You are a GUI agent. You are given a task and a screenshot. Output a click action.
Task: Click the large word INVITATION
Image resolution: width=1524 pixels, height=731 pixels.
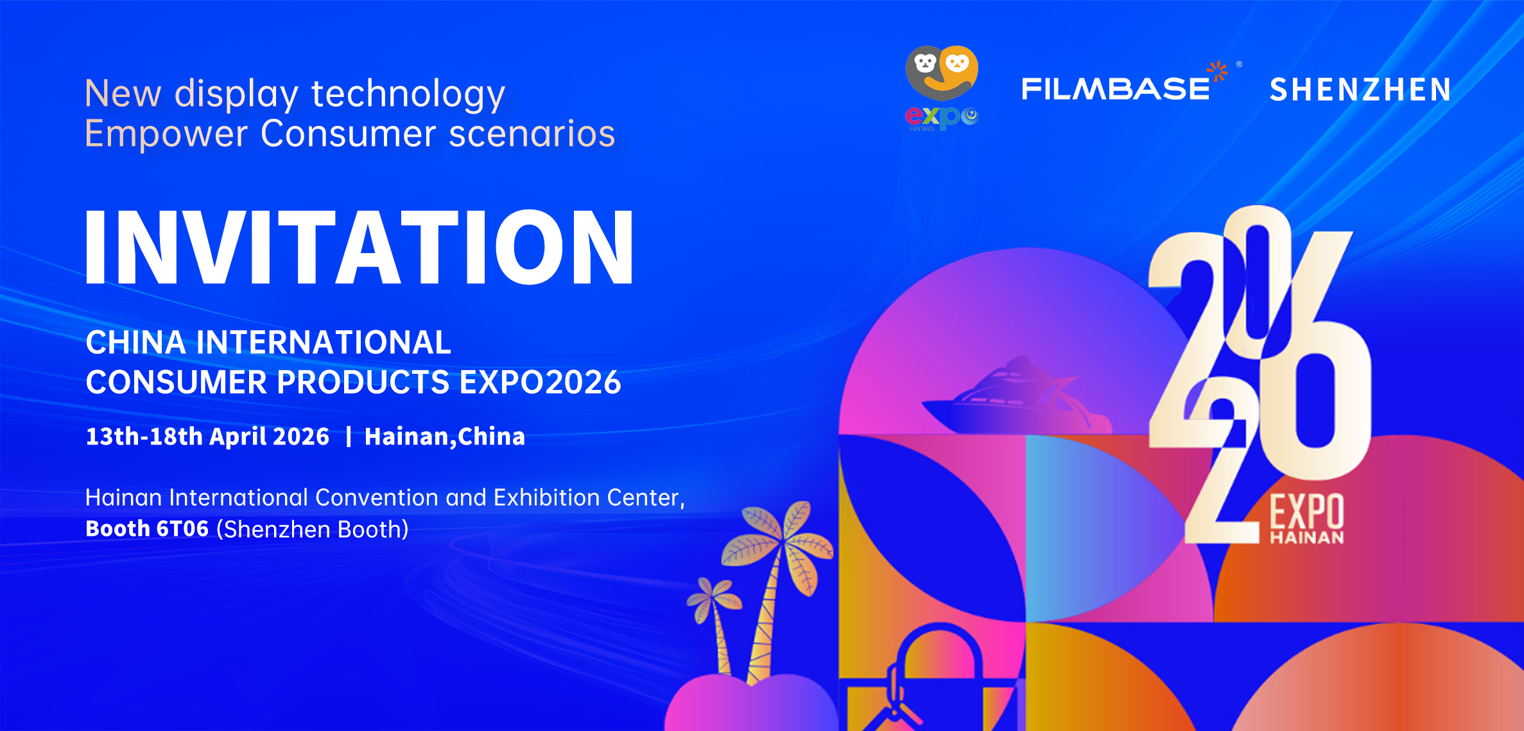point(359,247)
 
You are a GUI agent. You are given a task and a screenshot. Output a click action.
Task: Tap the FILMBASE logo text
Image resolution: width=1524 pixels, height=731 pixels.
point(1115,89)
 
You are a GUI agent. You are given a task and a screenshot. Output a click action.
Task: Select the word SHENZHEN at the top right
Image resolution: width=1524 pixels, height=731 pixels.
point(1360,90)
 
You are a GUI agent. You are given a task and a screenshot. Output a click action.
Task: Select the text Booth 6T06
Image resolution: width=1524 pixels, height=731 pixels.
point(147,529)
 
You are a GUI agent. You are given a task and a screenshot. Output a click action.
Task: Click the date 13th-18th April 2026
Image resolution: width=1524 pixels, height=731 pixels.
point(207,437)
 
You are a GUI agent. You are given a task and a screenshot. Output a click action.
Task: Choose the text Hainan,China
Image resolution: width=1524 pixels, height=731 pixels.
point(445,437)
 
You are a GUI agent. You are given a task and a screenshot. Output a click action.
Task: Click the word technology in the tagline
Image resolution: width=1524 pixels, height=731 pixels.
point(408,94)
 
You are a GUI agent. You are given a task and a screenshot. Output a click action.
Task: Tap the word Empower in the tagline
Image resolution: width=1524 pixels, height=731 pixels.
point(166,135)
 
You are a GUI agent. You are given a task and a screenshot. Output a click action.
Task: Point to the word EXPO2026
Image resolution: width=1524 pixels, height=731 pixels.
point(540,382)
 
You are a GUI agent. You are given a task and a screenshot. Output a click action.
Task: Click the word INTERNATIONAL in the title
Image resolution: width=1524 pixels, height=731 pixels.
point(324,342)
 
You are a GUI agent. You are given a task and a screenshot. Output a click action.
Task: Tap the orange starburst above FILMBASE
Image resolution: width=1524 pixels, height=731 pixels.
point(1218,71)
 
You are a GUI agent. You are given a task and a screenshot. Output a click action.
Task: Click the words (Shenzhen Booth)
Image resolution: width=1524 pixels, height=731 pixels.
point(313,529)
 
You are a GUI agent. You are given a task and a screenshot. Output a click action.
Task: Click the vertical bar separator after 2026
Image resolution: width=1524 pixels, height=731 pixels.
point(349,437)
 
